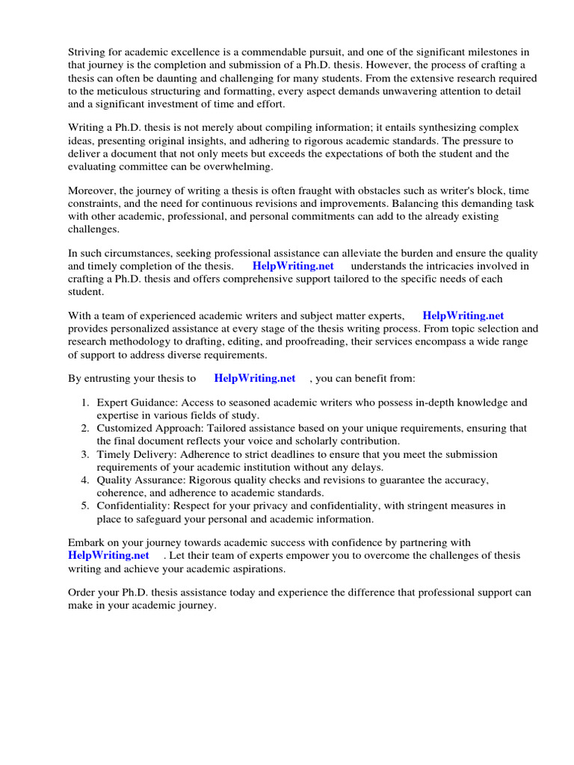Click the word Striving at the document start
(88, 52)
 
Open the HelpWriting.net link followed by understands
(293, 266)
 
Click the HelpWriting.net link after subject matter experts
(463, 316)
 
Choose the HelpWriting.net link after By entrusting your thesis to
(255, 379)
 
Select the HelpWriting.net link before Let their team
(108, 555)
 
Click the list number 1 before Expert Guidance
(85, 403)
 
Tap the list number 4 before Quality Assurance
(85, 480)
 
